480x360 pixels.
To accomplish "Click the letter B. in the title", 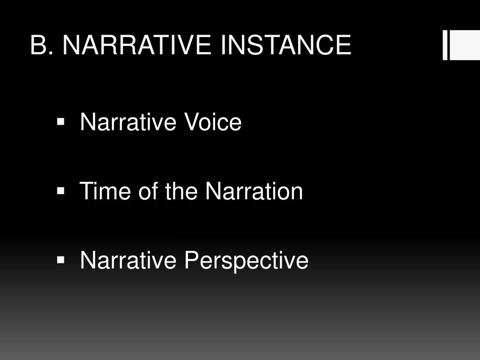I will pos(41,45).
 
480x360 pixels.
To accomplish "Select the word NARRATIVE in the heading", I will pos(135,45).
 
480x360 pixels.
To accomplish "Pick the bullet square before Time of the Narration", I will pos(60,191).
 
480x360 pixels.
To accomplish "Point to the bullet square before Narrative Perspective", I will pos(60,260).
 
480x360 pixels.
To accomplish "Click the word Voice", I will pos(213,123).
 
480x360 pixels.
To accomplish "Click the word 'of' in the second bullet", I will pos(146,191).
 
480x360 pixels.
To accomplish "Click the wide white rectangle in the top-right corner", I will pos(465,45).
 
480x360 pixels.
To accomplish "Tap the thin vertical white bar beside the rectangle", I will pos(445,45).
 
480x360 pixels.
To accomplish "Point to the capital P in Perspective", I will pos(190,260).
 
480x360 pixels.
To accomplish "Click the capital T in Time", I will pos(87,191).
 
